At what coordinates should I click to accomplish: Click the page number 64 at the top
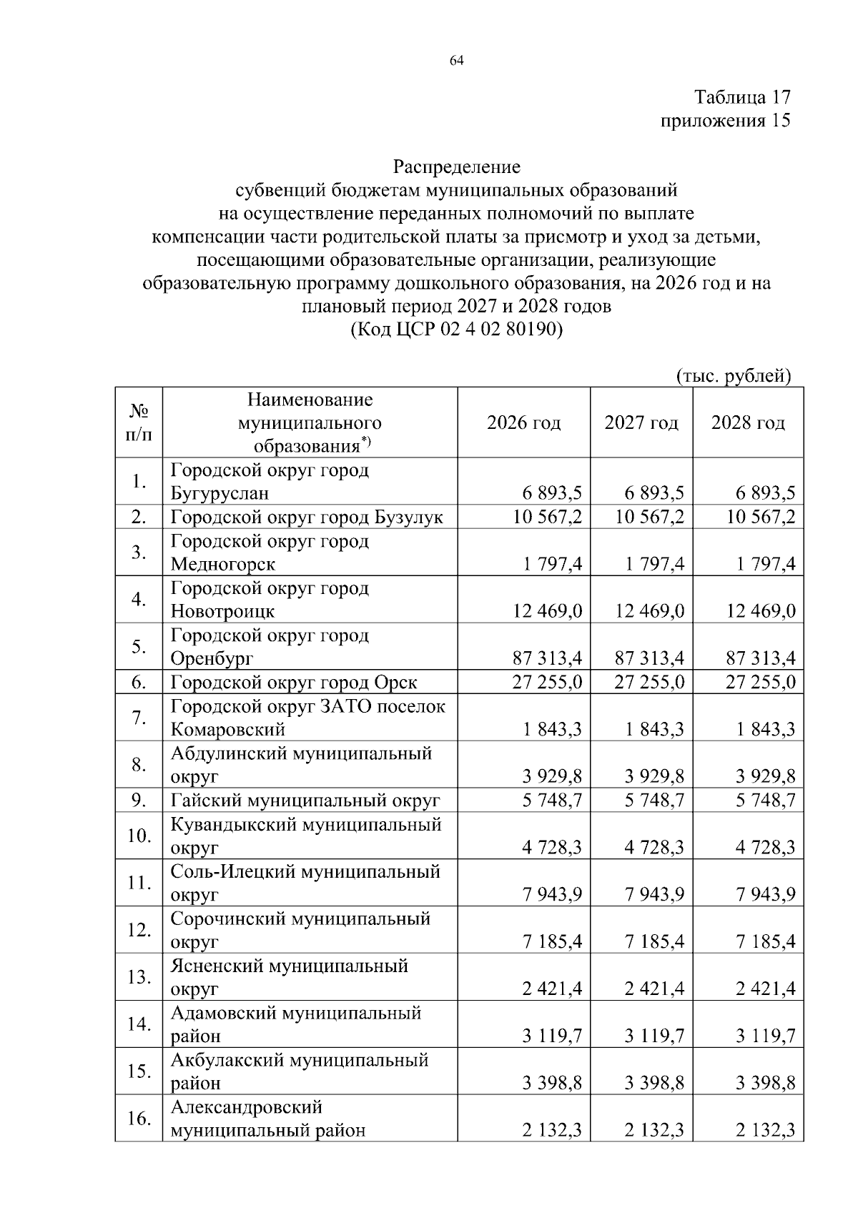(x=457, y=61)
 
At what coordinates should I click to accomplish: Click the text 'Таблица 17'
(x=742, y=97)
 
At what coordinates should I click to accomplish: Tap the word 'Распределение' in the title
(x=457, y=167)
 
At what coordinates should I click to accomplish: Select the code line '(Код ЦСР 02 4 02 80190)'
(x=457, y=330)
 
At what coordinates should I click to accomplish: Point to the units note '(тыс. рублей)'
(x=733, y=376)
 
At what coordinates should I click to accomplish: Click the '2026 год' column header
(x=523, y=423)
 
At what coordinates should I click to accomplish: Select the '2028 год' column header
(x=747, y=423)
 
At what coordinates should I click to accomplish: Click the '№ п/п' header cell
(x=139, y=423)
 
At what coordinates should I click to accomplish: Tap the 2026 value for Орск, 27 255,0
(x=547, y=683)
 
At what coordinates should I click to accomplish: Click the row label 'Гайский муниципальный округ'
(x=305, y=801)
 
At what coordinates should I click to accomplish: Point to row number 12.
(x=139, y=930)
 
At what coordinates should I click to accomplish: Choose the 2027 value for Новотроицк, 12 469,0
(x=649, y=611)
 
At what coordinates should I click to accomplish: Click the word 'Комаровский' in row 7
(x=227, y=730)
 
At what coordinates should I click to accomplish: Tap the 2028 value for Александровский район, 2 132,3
(x=766, y=1131)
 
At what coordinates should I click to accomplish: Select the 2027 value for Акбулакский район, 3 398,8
(x=654, y=1084)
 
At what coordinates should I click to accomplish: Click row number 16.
(x=139, y=1119)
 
